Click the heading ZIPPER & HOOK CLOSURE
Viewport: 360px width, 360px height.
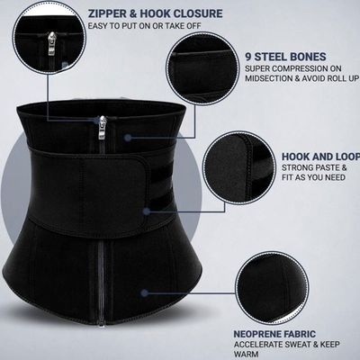155,13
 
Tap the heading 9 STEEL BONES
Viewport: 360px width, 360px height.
285,57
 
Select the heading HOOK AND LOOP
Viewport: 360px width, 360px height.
320,157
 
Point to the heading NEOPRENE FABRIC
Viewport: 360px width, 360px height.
274,334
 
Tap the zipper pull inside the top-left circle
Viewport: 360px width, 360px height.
52,43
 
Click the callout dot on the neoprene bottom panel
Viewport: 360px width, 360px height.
145,292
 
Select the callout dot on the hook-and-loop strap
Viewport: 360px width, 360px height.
147,211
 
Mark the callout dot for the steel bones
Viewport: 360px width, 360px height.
128,138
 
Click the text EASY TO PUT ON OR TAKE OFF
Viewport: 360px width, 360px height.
144,25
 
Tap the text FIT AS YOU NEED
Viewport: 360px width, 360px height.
313,177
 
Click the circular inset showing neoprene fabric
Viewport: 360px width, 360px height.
272,288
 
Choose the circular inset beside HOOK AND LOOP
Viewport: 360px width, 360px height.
239,167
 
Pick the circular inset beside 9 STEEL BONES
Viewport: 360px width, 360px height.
202,68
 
